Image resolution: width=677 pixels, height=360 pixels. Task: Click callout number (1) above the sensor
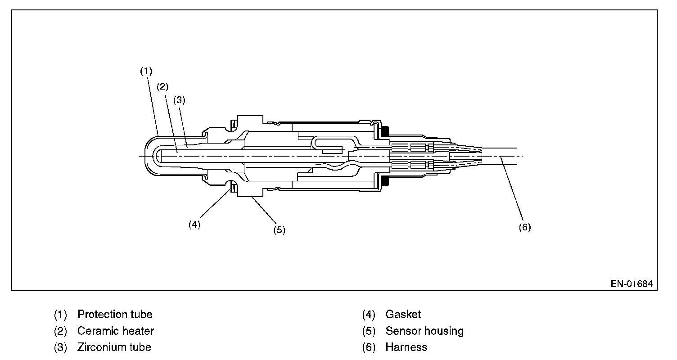click(x=146, y=71)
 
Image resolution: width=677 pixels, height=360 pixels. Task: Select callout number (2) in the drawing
click(x=162, y=86)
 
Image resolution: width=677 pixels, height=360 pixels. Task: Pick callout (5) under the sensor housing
click(x=279, y=230)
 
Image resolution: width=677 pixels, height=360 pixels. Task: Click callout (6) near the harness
click(x=524, y=227)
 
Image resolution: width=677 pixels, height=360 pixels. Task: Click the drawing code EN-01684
click(x=632, y=284)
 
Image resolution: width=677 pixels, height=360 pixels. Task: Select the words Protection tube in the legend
click(x=115, y=314)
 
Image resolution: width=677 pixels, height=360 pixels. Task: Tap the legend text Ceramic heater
click(x=116, y=331)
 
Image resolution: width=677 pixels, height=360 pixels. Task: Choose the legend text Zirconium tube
click(x=114, y=347)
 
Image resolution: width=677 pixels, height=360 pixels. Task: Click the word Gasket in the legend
click(x=403, y=314)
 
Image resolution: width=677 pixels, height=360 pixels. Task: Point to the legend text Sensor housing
click(x=424, y=331)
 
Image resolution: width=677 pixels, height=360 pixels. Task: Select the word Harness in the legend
click(x=406, y=347)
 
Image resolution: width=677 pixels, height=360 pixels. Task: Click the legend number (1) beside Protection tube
click(x=60, y=314)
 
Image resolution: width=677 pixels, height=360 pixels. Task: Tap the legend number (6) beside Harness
click(x=369, y=347)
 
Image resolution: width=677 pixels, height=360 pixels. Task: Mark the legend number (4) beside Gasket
click(x=369, y=314)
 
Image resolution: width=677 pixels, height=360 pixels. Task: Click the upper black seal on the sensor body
click(x=385, y=132)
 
